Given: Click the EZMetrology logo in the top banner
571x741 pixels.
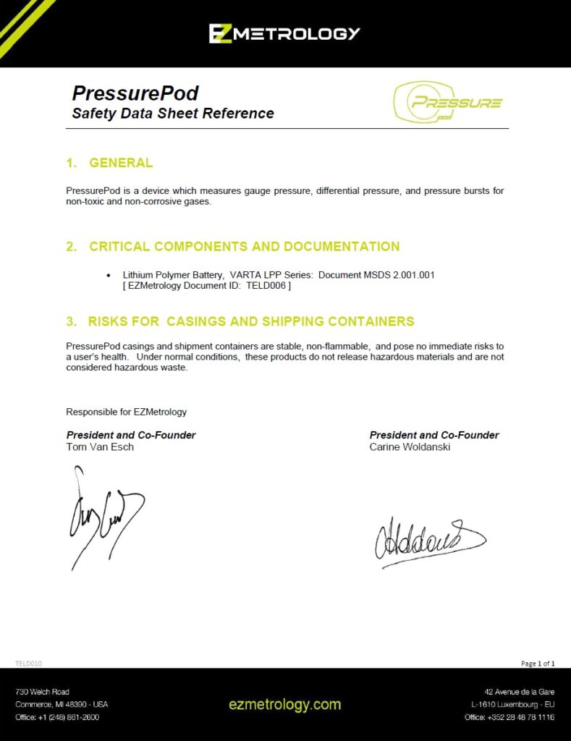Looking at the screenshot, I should point(284,33).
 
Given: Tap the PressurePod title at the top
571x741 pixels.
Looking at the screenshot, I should point(135,93).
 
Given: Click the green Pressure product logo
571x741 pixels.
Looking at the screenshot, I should point(449,103).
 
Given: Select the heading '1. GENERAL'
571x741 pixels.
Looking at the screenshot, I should point(109,163).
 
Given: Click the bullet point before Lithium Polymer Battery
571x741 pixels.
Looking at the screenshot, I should point(109,276).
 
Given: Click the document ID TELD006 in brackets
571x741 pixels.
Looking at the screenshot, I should point(266,287).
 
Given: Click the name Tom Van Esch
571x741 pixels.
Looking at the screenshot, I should point(100,447).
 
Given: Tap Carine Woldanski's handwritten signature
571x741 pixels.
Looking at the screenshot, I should point(427,539).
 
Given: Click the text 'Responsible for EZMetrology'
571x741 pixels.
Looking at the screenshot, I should point(127,412).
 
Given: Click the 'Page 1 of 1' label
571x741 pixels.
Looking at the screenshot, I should point(538,663).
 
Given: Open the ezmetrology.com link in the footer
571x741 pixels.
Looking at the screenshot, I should point(284,704).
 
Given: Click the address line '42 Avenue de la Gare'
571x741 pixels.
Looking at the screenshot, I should point(520,692).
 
